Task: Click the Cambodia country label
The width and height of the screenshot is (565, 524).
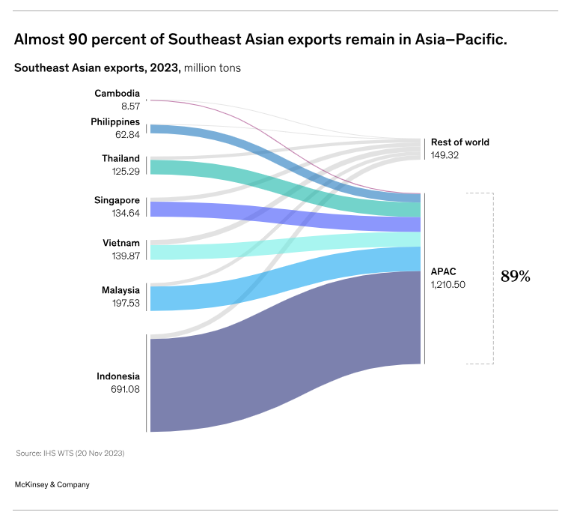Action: click(117, 94)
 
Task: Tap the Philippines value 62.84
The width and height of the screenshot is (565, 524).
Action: click(124, 135)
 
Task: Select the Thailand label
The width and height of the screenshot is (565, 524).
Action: click(120, 159)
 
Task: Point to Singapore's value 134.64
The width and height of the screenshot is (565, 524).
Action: click(120, 214)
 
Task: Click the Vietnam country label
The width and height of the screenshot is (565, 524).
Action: click(121, 243)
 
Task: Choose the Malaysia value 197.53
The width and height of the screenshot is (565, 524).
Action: click(120, 304)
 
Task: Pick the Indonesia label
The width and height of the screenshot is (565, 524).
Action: click(117, 376)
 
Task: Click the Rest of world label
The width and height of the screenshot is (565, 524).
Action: click(459, 142)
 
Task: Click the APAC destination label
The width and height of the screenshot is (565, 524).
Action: click(443, 271)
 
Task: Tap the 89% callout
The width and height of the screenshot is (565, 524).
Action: click(515, 277)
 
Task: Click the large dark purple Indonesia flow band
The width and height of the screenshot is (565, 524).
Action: click(299, 360)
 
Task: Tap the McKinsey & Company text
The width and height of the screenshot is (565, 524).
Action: click(52, 484)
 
